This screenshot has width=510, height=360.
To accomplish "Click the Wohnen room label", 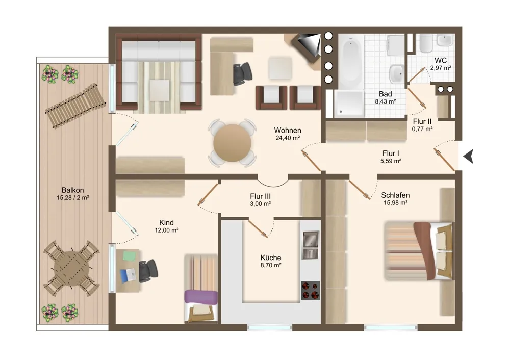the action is pyautogui.click(x=288, y=130).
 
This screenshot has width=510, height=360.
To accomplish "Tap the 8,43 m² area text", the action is pyautogui.click(x=386, y=101).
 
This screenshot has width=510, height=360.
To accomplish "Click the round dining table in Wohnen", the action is pyautogui.click(x=232, y=143).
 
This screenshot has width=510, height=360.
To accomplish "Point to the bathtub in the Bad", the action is pyautogui.click(x=351, y=61).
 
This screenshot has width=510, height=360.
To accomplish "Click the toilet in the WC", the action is pyautogui.click(x=425, y=43).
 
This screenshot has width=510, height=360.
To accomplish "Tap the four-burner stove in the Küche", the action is pyautogui.click(x=310, y=291).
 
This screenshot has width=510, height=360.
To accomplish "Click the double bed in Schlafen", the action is pyautogui.click(x=419, y=250).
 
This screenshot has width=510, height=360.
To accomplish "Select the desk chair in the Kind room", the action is pyautogui.click(x=148, y=271).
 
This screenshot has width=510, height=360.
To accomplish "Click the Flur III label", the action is pyautogui.click(x=260, y=196).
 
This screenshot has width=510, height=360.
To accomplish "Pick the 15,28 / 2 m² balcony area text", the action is pyautogui.click(x=73, y=198).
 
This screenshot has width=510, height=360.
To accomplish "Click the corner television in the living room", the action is pyautogui.click(x=305, y=46).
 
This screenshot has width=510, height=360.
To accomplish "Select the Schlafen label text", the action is pyautogui.click(x=395, y=195).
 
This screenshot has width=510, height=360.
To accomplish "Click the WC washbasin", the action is pyautogui.click(x=445, y=41).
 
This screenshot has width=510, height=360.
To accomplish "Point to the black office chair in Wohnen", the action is pyautogui.click(x=243, y=73).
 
